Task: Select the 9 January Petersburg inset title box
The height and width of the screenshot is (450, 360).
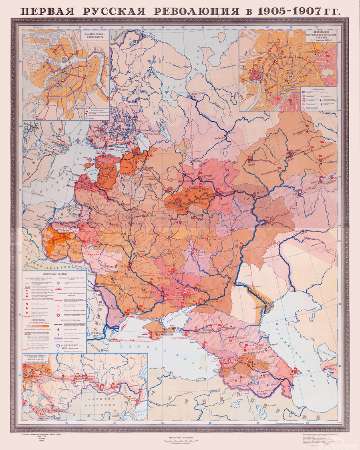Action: coord(97,36)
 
